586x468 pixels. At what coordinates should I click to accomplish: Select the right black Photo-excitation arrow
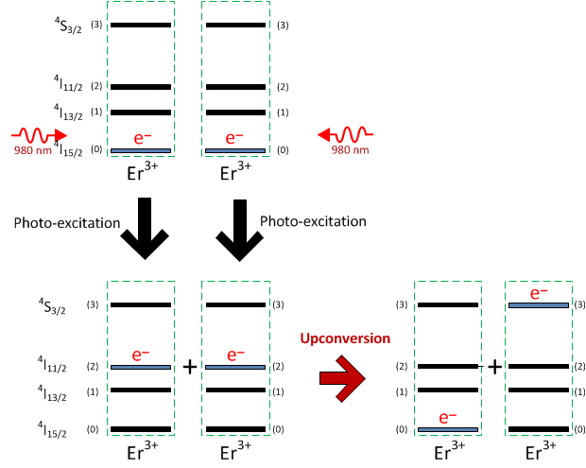(239, 227)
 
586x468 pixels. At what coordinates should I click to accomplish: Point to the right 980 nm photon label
(351, 149)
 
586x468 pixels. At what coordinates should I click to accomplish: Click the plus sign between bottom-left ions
(189, 367)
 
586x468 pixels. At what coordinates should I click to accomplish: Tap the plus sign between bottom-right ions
(494, 367)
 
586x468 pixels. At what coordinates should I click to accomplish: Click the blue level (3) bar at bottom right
(538, 304)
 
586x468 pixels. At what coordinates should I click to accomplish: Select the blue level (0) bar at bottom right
(447, 429)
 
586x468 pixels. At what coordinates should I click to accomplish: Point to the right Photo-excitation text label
(312, 221)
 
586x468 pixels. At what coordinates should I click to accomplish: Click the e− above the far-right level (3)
(538, 293)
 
